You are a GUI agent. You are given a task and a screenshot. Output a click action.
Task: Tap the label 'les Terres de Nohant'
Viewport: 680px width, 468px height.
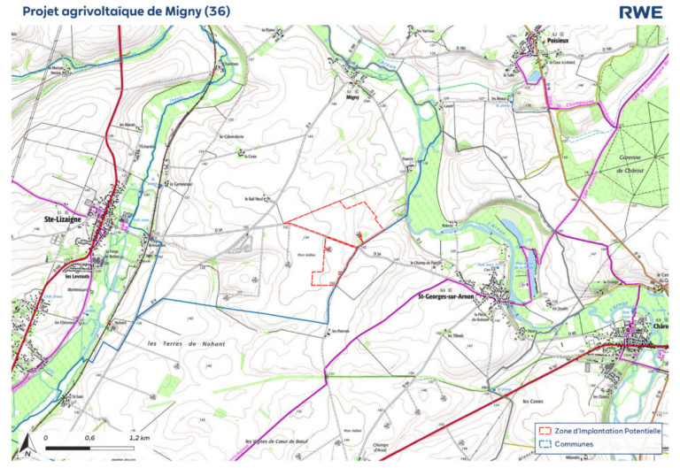coord(186,343)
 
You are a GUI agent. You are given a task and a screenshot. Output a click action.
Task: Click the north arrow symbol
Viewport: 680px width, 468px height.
coord(28,445)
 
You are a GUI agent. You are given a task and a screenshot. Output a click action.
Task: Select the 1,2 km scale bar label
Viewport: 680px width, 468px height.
coord(139,438)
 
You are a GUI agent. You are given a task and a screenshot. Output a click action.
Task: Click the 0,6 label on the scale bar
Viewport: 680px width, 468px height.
coord(90,438)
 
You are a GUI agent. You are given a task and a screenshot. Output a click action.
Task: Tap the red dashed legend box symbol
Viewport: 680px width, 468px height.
coord(544,431)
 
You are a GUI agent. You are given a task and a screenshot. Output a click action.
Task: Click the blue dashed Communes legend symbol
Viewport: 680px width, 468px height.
coord(544,446)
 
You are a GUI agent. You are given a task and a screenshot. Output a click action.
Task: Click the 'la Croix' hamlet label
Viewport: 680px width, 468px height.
coord(251,157)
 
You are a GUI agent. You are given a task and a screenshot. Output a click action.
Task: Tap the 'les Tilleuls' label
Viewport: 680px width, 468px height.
coord(456,335)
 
